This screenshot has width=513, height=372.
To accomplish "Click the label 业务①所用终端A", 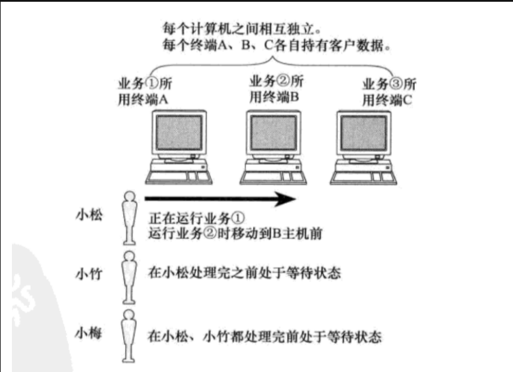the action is tap(144, 92).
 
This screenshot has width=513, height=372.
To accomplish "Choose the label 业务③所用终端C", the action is tap(389, 92).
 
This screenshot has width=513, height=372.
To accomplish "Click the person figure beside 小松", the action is tap(129, 217).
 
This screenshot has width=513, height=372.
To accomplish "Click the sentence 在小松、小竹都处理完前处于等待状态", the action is tap(264, 337).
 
